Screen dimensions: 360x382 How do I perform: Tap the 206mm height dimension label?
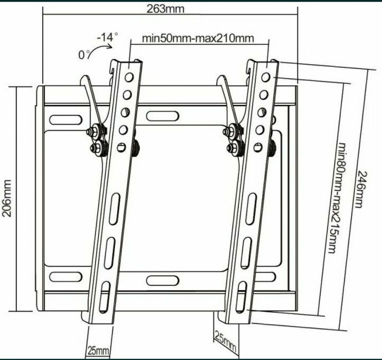pyautogui.click(x=7, y=199)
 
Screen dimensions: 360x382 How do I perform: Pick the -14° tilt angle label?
pyautogui.click(x=106, y=37)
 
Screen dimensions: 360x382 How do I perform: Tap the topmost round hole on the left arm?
pyautogui.click(x=130, y=78)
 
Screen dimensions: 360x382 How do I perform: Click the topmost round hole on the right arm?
pyautogui.click(x=266, y=78)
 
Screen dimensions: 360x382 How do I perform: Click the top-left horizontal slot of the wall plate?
pyautogui.click(x=64, y=119)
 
